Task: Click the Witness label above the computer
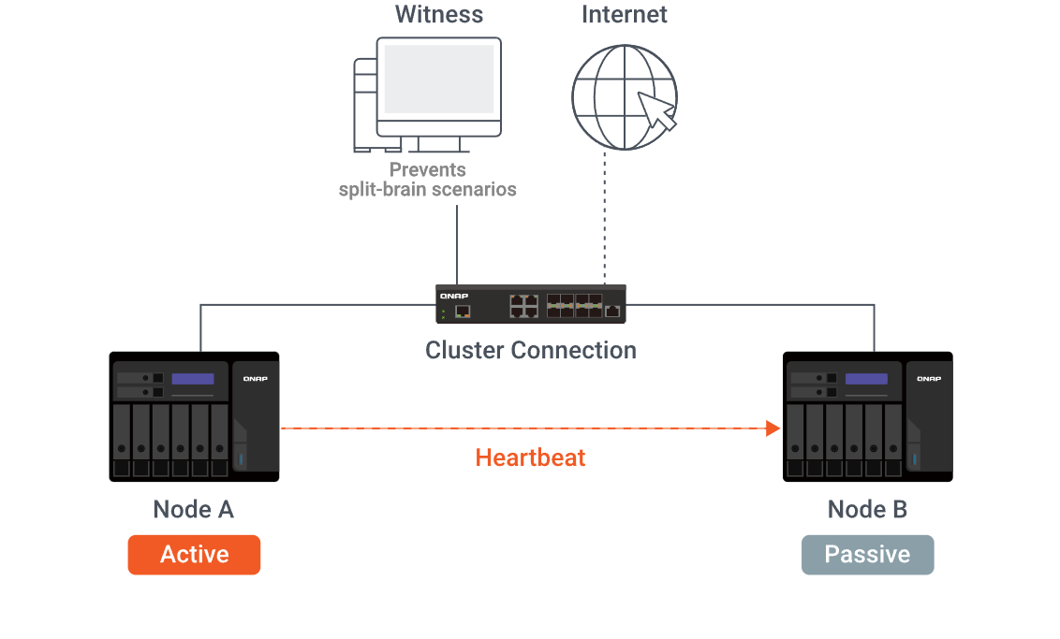click(438, 15)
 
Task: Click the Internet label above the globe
click(624, 15)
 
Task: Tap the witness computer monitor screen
click(438, 80)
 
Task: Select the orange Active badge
click(194, 555)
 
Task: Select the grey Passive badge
click(867, 555)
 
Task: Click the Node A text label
click(193, 510)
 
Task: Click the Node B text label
click(867, 510)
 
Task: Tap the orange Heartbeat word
click(530, 457)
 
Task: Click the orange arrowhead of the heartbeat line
click(773, 428)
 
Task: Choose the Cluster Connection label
click(530, 351)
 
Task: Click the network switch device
click(530, 304)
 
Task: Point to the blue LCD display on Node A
click(193, 379)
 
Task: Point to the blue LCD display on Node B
click(866, 379)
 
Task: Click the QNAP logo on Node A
click(256, 379)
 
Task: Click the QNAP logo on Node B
click(929, 379)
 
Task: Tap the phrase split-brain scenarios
click(427, 189)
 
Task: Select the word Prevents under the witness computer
click(427, 170)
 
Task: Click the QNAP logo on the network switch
click(453, 295)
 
